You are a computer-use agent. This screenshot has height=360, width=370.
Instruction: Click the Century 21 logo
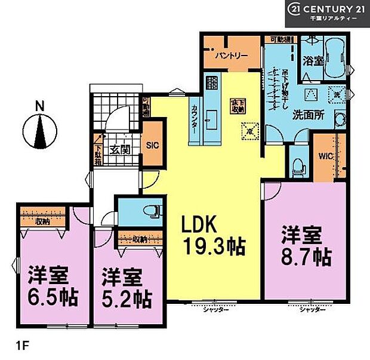[x=327, y=13]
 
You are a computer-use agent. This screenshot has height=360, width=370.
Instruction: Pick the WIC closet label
[x=325, y=156]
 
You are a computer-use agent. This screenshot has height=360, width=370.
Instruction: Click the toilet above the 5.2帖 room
[x=153, y=210]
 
